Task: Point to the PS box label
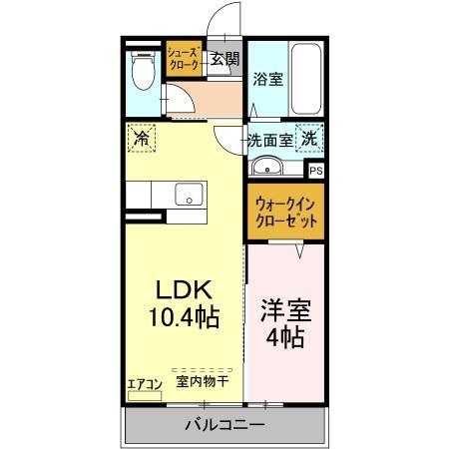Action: [x=315, y=172]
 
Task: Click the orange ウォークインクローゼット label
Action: [x=286, y=212]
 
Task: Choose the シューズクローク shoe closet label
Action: [x=185, y=57]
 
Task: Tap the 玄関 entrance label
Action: [x=224, y=59]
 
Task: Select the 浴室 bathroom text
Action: [x=266, y=78]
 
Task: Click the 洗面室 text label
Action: [x=270, y=141]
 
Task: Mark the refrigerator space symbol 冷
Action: [x=141, y=138]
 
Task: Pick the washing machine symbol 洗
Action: [x=310, y=140]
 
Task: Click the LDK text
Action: [x=185, y=288]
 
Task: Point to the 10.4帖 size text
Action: [x=186, y=318]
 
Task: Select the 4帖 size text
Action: [x=285, y=338]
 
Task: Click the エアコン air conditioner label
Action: [x=144, y=380]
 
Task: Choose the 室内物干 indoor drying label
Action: [x=203, y=380]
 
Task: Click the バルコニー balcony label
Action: [x=224, y=425]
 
